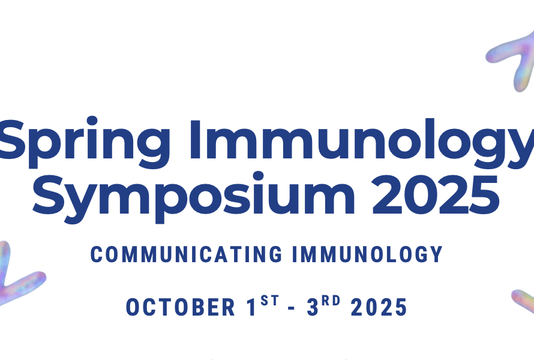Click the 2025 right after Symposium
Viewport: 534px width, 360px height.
click(x=436, y=194)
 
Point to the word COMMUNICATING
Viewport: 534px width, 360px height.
click(x=186, y=254)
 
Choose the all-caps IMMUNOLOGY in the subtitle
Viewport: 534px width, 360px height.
click(x=367, y=254)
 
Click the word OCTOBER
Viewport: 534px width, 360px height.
click(x=181, y=307)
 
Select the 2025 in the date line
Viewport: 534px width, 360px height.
click(x=379, y=307)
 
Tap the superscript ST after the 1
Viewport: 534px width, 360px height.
click(x=270, y=301)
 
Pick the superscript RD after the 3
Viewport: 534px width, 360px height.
click(x=331, y=301)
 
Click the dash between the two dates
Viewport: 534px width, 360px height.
click(x=291, y=308)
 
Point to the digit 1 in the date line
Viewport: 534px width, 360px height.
click(x=251, y=307)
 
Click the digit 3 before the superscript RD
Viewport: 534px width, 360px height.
click(x=312, y=307)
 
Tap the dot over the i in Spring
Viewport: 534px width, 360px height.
click(x=92, y=122)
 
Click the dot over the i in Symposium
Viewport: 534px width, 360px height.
click(x=259, y=177)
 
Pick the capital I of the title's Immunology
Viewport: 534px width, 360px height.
click(x=195, y=139)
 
